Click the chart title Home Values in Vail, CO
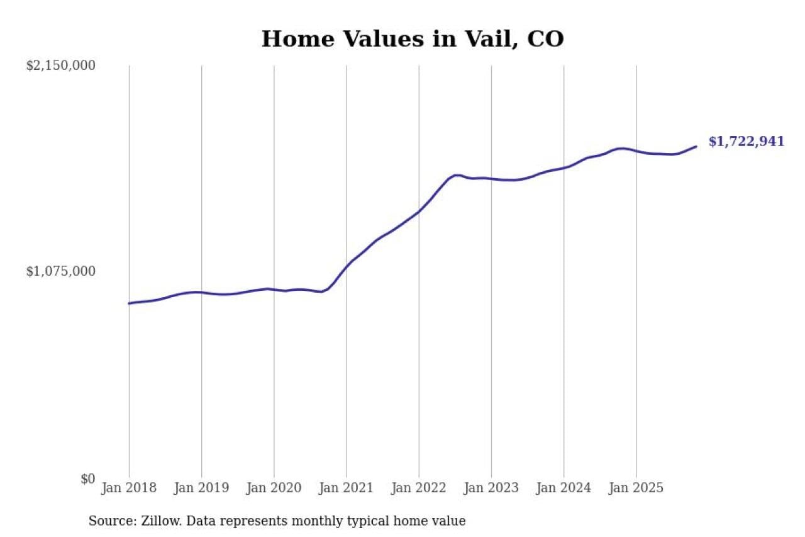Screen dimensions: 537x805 click(413, 39)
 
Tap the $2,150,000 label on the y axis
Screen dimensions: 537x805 click(60, 65)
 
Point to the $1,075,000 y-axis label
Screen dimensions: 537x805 click(60, 271)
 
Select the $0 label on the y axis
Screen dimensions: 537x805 click(87, 479)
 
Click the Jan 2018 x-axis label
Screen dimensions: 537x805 click(129, 489)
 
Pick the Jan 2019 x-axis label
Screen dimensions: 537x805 click(201, 489)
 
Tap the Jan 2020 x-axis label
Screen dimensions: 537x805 click(274, 489)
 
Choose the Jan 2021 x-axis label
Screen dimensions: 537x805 click(346, 489)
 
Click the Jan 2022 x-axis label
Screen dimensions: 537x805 click(419, 489)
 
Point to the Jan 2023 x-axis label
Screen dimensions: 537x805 click(491, 489)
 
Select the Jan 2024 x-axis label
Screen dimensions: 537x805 click(563, 489)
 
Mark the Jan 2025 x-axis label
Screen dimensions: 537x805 click(636, 489)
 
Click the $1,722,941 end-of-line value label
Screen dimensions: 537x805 click(747, 142)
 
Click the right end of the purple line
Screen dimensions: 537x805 click(696, 147)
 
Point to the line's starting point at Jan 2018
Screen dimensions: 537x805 click(129, 303)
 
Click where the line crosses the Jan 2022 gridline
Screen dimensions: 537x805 click(419, 211)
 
